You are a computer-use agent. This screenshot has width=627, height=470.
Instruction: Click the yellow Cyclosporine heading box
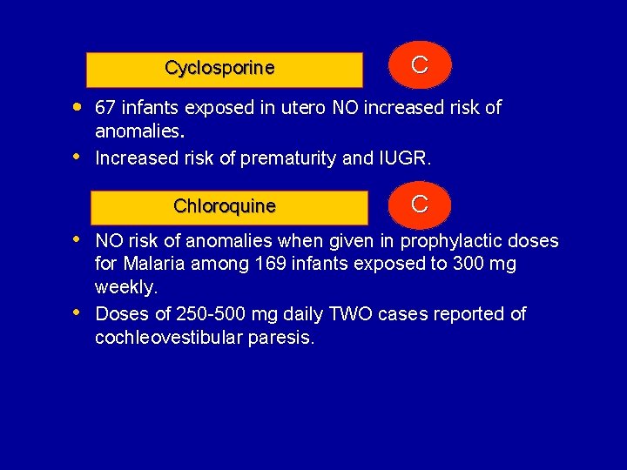[225, 70]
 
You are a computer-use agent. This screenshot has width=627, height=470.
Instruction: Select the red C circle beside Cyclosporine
[419, 65]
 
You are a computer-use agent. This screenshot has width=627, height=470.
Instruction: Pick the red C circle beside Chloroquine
[419, 205]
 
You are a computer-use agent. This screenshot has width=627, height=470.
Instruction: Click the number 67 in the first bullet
[106, 108]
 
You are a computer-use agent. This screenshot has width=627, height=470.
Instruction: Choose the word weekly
[125, 287]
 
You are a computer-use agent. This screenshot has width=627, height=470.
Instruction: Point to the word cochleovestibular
[165, 338]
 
